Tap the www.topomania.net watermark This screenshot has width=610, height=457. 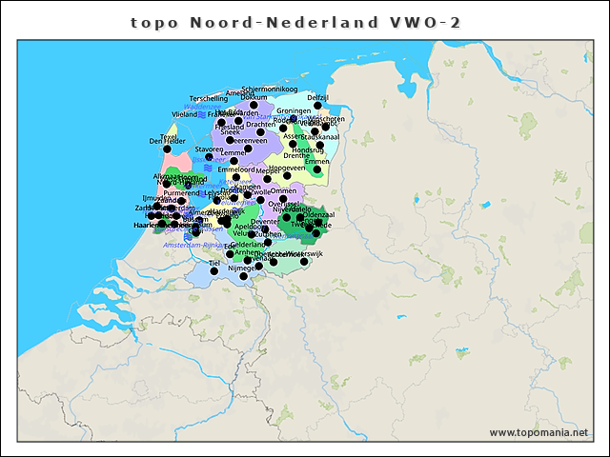pos(539,432)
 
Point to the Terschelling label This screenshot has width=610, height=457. pos(209,98)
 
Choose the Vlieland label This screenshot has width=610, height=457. pos(184,113)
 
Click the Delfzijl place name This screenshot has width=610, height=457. pos(318,97)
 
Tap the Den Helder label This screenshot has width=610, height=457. pos(167,141)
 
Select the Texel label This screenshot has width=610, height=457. pos(169,136)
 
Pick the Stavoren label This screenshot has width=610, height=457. pos(209,149)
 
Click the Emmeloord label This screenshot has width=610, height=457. pos(237,169)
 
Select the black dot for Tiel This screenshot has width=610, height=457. pos(214,270)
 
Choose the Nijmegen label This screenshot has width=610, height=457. pos(242,268)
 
